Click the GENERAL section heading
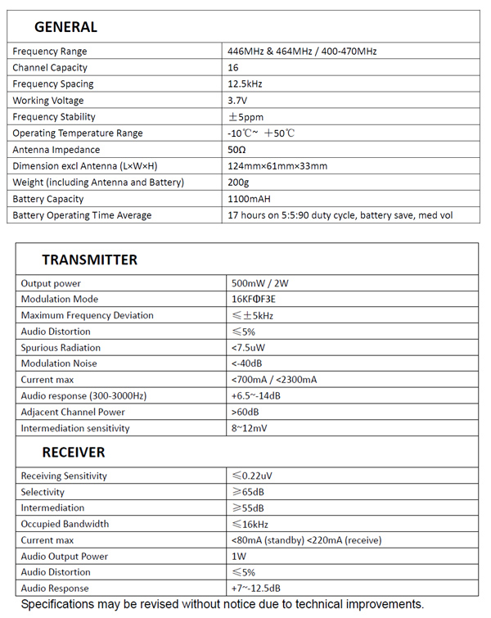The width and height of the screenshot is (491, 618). [65, 27]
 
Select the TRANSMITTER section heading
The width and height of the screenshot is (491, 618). [89, 260]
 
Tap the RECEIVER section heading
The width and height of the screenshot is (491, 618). [74, 453]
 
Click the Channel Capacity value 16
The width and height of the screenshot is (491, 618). [233, 68]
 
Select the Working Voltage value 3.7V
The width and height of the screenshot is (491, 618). [237, 101]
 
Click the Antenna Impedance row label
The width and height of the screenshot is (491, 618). [56, 150]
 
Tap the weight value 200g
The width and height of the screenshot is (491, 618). [238, 183]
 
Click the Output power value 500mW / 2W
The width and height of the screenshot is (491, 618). [260, 283]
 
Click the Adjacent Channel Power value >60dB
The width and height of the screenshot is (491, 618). [246, 412]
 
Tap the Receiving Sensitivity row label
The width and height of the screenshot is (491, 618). [64, 476]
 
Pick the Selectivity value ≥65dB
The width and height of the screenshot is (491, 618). [248, 492]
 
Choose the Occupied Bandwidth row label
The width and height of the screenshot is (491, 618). [65, 524]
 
